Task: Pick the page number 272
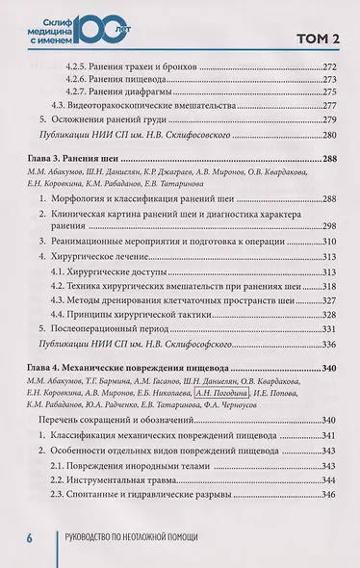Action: pyautogui.click(x=324, y=69)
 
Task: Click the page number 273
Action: pyautogui.click(x=324, y=86)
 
